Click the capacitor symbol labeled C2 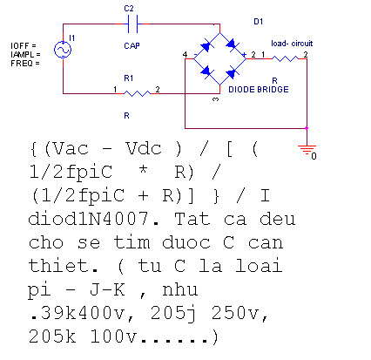(x=133, y=24)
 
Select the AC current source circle (x=63, y=50)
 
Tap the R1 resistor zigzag (x=137, y=93)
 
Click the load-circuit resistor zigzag (x=285, y=58)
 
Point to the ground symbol (x=307, y=149)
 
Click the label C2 (x=129, y=9)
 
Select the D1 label (x=259, y=22)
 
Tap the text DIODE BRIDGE (x=259, y=90)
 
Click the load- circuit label (x=292, y=44)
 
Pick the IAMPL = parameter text (x=25, y=55)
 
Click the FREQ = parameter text (x=25, y=64)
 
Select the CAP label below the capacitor (x=132, y=46)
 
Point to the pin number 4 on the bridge (x=185, y=54)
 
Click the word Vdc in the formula (x=144, y=148)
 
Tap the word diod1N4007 (x=88, y=219)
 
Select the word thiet (x=63, y=266)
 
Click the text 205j (x=173, y=314)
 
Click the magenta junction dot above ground (x=307, y=128)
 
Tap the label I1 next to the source (x=72, y=37)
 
